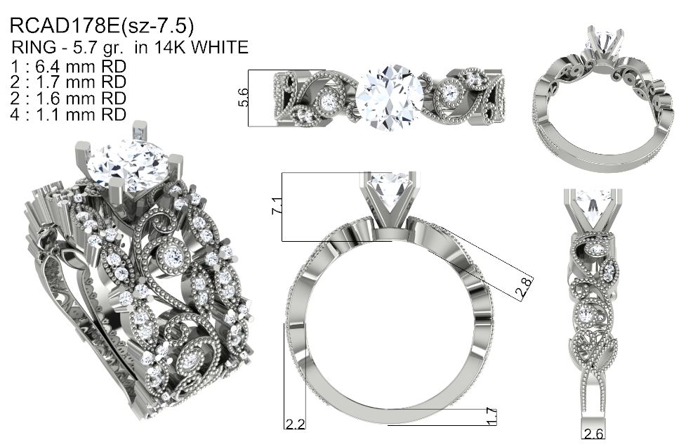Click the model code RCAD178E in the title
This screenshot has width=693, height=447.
65,26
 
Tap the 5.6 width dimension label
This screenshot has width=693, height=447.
243,98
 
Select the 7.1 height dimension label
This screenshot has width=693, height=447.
276,206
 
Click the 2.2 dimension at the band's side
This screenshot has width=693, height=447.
295,424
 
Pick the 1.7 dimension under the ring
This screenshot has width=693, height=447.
491,417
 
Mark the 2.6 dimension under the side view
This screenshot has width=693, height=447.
593,433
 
